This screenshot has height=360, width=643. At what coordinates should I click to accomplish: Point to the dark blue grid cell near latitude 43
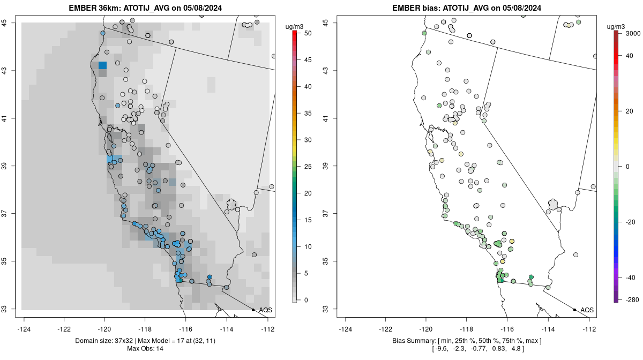pyautogui.click(x=102, y=65)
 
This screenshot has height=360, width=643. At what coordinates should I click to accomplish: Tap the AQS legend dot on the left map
pyautogui.click(x=253, y=310)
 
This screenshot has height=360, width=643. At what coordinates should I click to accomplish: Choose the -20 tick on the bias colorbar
pyautogui.click(x=631, y=222)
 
